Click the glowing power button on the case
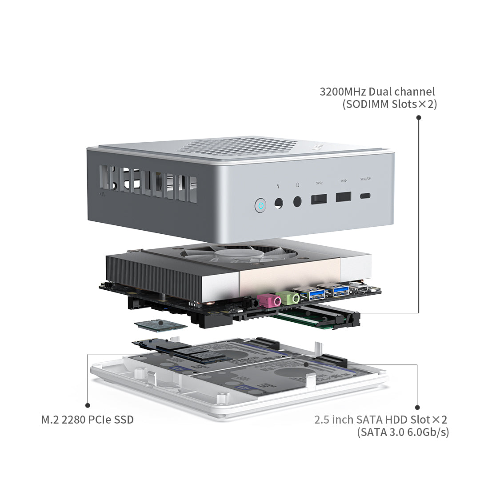(x=260, y=205)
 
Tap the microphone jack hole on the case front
(x=279, y=203)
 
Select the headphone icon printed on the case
(x=297, y=185)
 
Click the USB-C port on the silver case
(x=365, y=196)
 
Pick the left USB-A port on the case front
(x=319, y=198)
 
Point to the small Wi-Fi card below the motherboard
(x=161, y=326)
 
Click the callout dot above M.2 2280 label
(x=88, y=405)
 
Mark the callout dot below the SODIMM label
(x=418, y=117)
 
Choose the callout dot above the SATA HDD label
(x=417, y=407)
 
